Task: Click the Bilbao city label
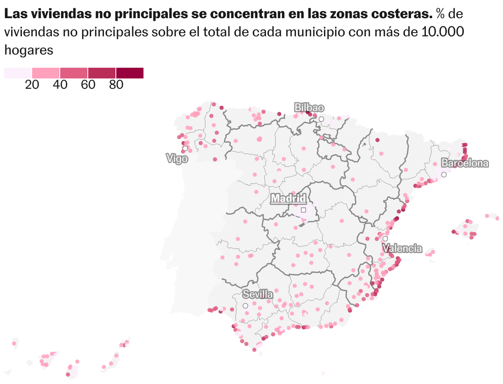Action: (x=309, y=108)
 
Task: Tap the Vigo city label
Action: (x=177, y=158)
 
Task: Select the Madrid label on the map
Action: (x=288, y=199)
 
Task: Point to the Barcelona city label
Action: (x=465, y=163)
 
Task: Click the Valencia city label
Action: (x=402, y=248)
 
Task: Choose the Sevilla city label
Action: (x=258, y=294)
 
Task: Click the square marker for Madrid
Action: (x=303, y=210)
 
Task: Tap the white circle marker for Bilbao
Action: (x=321, y=119)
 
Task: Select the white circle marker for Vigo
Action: (x=185, y=148)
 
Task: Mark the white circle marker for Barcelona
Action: (x=444, y=175)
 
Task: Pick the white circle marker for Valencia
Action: (x=385, y=238)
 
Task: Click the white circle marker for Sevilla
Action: (x=245, y=306)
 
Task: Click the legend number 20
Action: (x=32, y=85)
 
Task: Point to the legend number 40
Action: (x=60, y=85)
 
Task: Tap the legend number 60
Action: (x=88, y=85)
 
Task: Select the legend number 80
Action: (x=116, y=85)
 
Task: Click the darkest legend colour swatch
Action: (x=129, y=73)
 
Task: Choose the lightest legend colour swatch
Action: (x=18, y=73)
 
